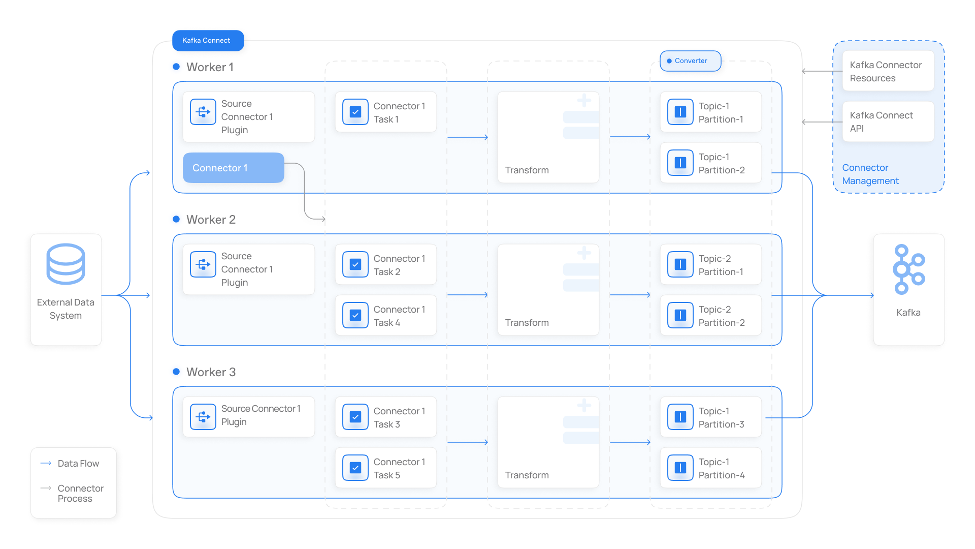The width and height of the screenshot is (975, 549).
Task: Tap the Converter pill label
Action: point(691,61)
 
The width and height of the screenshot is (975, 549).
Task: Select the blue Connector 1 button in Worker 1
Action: point(234,168)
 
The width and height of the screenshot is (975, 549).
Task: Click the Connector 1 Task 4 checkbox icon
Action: point(355,315)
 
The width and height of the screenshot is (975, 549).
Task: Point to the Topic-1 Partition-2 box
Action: point(711,163)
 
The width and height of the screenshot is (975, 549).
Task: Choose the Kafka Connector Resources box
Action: point(888,71)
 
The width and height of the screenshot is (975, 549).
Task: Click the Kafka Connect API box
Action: point(888,122)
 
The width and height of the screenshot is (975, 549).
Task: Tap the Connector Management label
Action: point(870,174)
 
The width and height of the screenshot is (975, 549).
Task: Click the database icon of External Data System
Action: point(66,264)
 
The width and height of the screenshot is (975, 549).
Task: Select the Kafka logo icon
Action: point(909,269)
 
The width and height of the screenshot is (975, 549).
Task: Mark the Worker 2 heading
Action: point(211,220)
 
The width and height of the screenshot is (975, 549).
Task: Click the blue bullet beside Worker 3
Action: point(176,372)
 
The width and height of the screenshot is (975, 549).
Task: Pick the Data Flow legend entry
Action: point(70,464)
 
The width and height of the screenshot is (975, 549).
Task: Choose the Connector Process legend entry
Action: point(72,493)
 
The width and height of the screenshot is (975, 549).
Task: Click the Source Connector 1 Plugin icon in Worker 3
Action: point(203,417)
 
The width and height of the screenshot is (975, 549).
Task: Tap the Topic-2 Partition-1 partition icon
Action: point(680,264)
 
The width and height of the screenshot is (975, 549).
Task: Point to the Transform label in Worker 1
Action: point(527,170)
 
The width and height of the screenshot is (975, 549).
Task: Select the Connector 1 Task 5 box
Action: point(386,468)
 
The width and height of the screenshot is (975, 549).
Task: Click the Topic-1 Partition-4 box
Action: point(711,468)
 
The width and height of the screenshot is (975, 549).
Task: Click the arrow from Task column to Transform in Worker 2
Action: point(468,295)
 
